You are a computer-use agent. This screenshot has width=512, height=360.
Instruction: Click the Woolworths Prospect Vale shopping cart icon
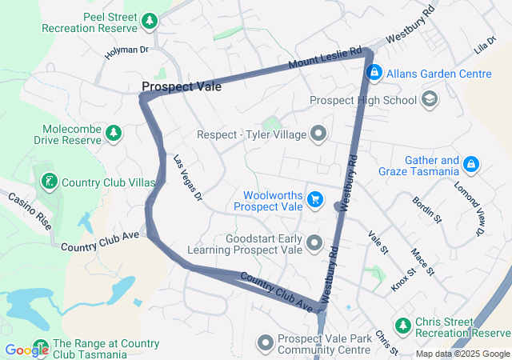click(x=314, y=198)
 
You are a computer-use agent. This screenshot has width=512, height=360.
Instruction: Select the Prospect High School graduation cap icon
click(x=430, y=100)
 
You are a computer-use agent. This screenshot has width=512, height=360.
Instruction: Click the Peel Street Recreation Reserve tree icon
click(x=149, y=19)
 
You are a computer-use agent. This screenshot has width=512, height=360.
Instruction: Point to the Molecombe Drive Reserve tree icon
click(x=114, y=132)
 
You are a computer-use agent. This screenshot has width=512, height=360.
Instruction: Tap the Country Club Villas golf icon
click(x=50, y=182)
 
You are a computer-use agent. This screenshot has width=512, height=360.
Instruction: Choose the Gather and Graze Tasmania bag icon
click(x=471, y=165)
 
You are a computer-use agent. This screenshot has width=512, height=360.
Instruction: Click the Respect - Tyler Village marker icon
click(x=318, y=134)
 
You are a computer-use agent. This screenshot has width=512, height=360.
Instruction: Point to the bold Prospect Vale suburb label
click(x=182, y=86)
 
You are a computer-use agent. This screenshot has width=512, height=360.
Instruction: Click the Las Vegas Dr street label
click(x=189, y=178)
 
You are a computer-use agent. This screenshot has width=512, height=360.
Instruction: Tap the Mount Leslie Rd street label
click(x=326, y=57)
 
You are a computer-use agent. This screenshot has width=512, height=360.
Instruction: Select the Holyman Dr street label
click(x=126, y=53)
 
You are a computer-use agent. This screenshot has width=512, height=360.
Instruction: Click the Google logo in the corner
click(x=26, y=350)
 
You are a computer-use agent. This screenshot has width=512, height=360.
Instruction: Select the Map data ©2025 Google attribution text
click(x=462, y=354)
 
